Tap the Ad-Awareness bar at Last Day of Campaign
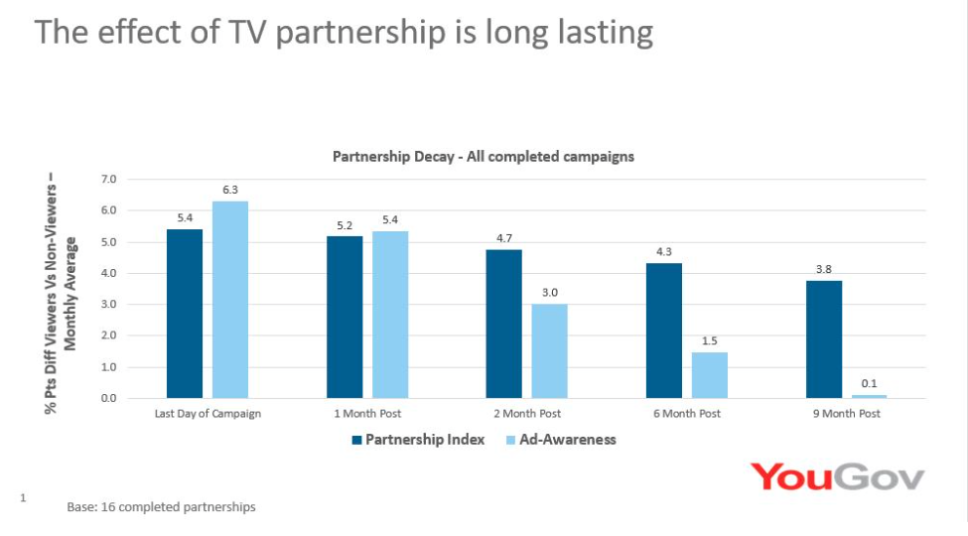click(229, 300)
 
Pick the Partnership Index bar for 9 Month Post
click(824, 339)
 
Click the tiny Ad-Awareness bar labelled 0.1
click(869, 396)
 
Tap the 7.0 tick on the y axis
click(109, 179)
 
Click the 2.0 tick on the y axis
click(109, 335)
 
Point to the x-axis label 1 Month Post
click(367, 414)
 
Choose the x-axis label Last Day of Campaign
click(207, 414)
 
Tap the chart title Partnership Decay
click(483, 156)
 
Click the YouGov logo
click(837, 476)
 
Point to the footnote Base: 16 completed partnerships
click(161, 507)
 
